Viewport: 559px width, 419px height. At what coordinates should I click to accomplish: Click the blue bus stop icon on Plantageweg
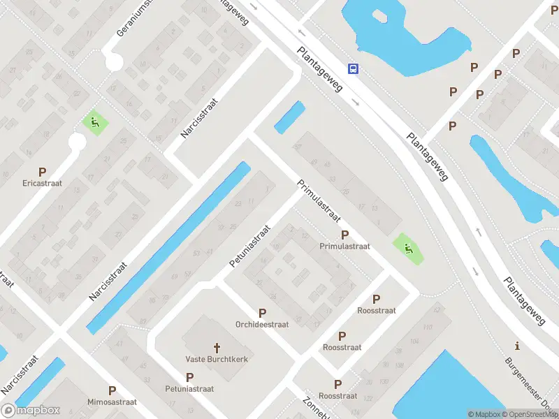(x=354, y=68)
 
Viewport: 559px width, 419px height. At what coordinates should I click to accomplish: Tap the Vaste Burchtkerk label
(x=217, y=359)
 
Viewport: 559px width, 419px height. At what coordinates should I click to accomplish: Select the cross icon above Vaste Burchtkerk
(x=217, y=347)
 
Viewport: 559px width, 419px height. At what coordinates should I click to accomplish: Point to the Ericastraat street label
(x=42, y=184)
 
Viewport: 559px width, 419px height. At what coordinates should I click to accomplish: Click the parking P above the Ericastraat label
(x=42, y=171)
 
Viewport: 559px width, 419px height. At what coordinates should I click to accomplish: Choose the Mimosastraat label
(x=112, y=403)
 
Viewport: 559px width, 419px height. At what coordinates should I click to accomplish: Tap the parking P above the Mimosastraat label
(x=112, y=391)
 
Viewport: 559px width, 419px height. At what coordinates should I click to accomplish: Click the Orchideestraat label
(x=262, y=325)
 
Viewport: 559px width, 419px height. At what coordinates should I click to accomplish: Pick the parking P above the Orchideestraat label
(x=262, y=313)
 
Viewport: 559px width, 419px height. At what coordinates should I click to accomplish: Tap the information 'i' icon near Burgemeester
(x=517, y=346)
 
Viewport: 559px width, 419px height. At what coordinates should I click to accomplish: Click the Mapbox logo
(x=31, y=410)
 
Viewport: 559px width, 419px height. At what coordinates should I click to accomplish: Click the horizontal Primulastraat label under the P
(x=344, y=247)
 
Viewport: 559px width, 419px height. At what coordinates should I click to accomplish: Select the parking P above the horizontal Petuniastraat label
(x=189, y=376)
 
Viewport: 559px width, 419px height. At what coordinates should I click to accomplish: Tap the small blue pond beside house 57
(x=290, y=117)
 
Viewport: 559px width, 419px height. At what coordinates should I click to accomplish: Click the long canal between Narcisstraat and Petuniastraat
(x=168, y=247)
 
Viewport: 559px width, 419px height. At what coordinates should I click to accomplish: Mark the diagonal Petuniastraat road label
(x=249, y=246)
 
